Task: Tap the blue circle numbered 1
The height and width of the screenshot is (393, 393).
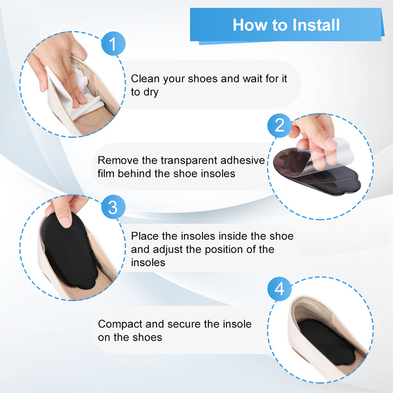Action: [x=113, y=44]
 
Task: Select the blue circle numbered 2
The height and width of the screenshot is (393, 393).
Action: [x=280, y=125]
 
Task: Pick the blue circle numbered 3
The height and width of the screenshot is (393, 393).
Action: [x=113, y=207]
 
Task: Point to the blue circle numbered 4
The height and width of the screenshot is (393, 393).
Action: [x=280, y=289]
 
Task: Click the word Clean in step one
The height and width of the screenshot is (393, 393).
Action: [x=145, y=79]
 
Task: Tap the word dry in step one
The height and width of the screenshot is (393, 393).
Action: [x=151, y=92]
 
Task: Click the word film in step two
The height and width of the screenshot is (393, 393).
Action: [x=106, y=174]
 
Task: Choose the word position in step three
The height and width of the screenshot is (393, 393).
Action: [x=221, y=250]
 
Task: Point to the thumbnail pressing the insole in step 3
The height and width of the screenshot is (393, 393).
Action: [x=65, y=222]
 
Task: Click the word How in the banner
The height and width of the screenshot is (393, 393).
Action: [x=250, y=25]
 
